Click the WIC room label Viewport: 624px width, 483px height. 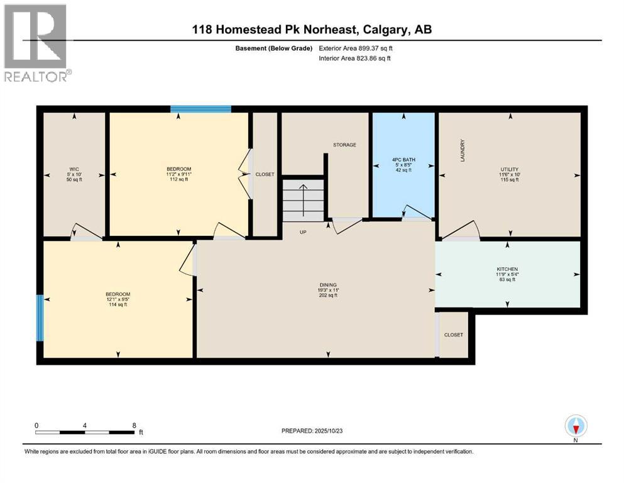(x=74, y=169)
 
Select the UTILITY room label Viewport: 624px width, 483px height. (x=509, y=169)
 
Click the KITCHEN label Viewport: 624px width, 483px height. (x=507, y=269)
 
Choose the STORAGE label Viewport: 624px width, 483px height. (x=344, y=145)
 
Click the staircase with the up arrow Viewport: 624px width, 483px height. (x=303, y=200)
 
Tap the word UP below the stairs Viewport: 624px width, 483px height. (x=303, y=232)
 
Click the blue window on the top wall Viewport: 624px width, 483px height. (x=200, y=109)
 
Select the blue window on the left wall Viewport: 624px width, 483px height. (x=40, y=318)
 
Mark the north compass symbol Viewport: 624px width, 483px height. (x=576, y=427)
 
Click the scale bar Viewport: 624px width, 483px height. (x=85, y=432)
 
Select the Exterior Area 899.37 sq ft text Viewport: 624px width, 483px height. (x=356, y=48)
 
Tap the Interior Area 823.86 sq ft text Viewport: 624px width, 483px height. (x=355, y=58)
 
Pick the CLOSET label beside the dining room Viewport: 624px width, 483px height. (x=453, y=335)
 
